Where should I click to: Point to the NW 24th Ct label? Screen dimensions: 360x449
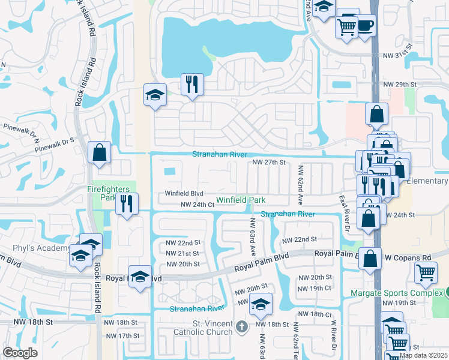pos(198,205)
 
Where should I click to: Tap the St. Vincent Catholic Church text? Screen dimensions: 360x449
pos(194,328)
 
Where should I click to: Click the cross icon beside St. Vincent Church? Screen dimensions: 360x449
pos(241,326)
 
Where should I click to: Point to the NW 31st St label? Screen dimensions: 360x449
pos(399,55)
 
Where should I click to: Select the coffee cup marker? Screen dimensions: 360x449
pos(366,26)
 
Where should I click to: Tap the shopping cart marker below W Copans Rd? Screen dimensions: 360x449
pos(426,272)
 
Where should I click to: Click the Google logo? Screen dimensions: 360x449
pos(20,353)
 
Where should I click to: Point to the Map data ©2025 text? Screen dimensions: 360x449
pos(423,355)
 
